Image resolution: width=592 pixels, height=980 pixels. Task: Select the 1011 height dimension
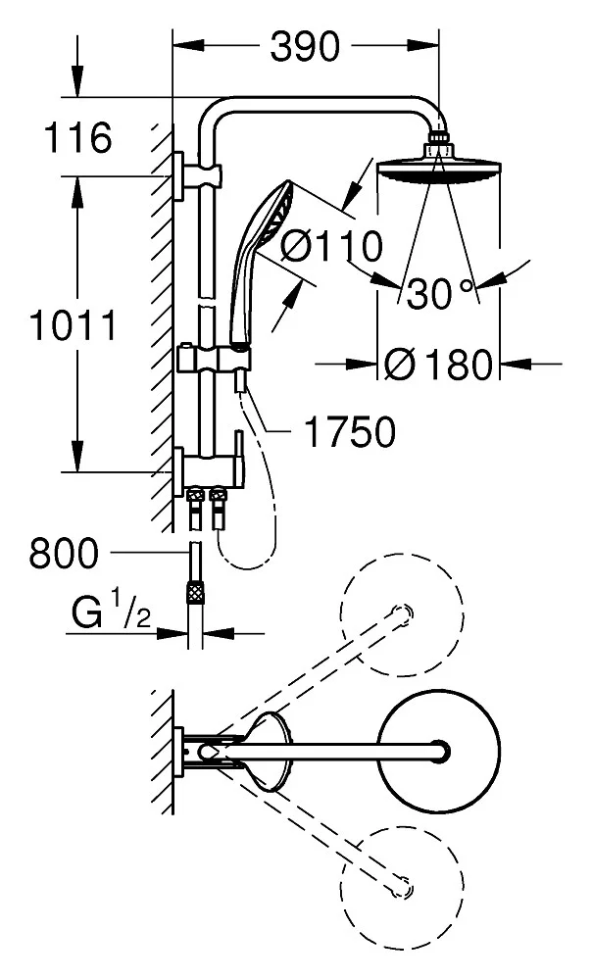[x=72, y=323]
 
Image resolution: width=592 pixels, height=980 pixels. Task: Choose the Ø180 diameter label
[x=437, y=365]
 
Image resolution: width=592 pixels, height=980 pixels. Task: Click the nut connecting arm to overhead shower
[x=437, y=149]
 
